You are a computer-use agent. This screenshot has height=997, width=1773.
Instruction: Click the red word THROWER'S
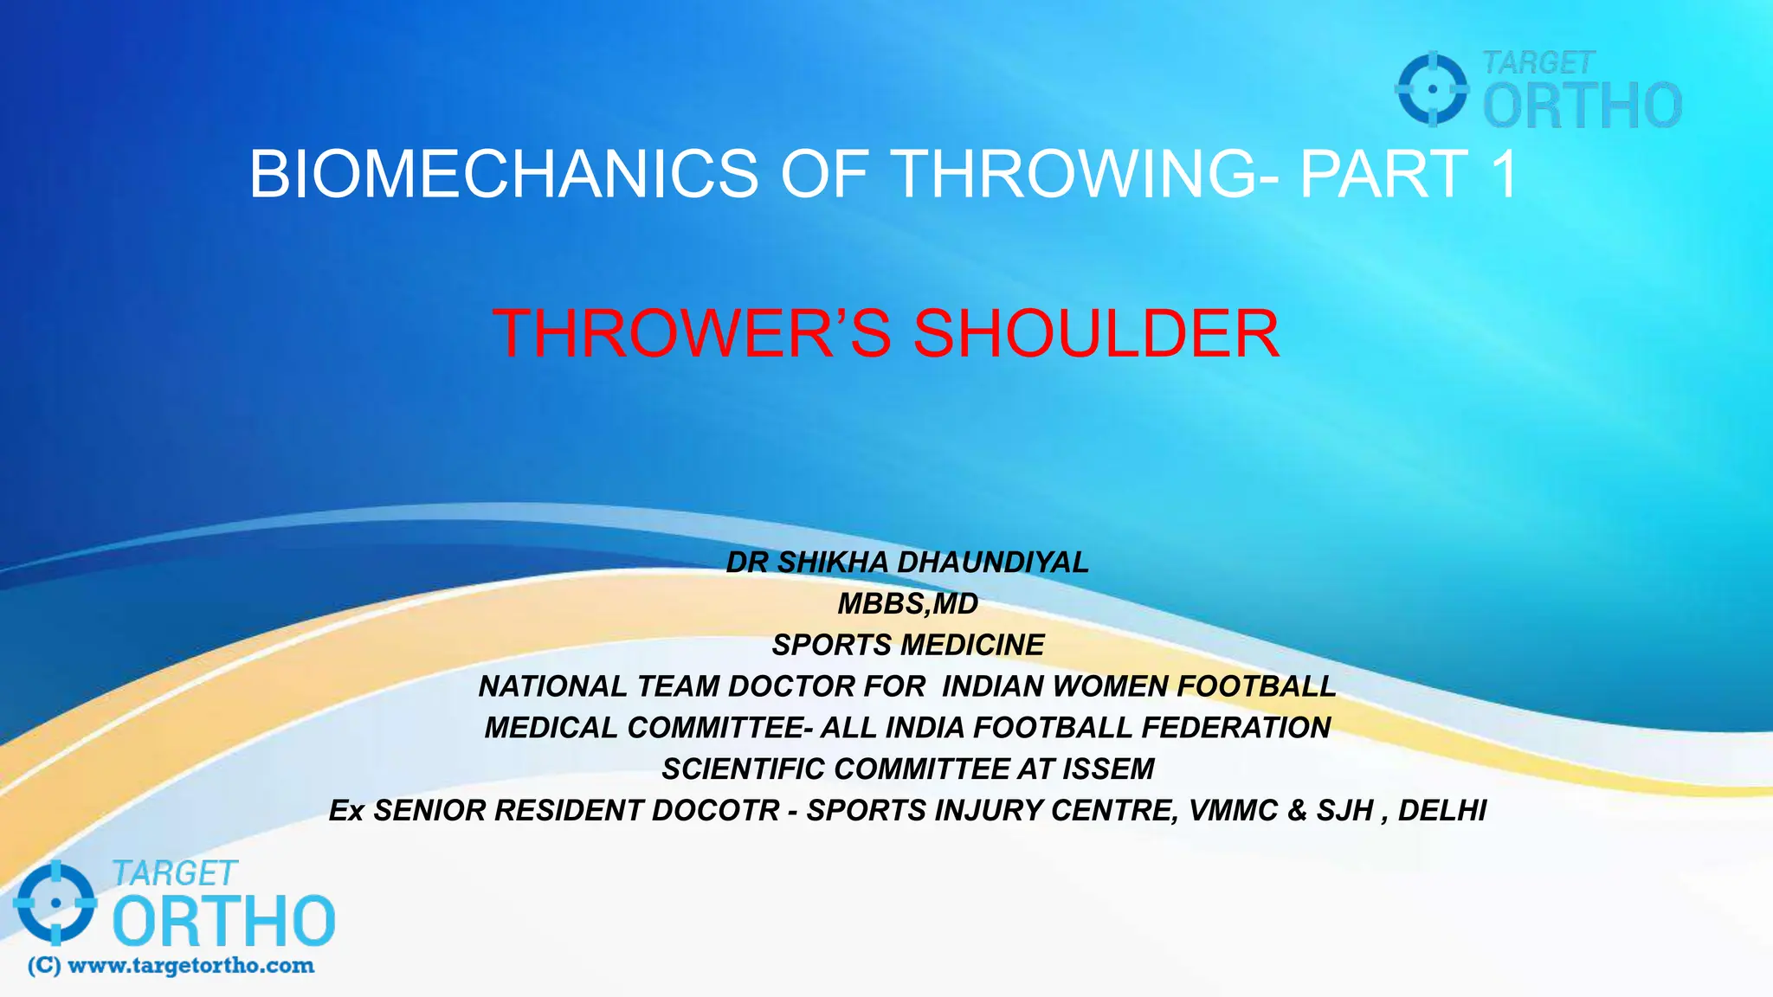691,334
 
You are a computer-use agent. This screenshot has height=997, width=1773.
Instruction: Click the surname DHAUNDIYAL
992,563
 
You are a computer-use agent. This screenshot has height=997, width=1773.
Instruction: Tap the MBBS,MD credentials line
907,604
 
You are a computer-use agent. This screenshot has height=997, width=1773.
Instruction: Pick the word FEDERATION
1235,728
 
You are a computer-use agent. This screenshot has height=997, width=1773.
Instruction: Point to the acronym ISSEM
1108,769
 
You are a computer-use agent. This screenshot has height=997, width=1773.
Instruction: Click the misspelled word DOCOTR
715,811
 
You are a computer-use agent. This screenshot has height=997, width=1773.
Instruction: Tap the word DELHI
1441,811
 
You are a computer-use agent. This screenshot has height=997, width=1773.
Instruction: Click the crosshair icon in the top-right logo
1432,89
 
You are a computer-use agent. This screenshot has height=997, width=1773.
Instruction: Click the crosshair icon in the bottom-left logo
55,903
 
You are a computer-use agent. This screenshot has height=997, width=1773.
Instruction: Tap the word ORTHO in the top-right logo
1582,106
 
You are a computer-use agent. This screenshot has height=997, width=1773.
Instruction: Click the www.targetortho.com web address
190,966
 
